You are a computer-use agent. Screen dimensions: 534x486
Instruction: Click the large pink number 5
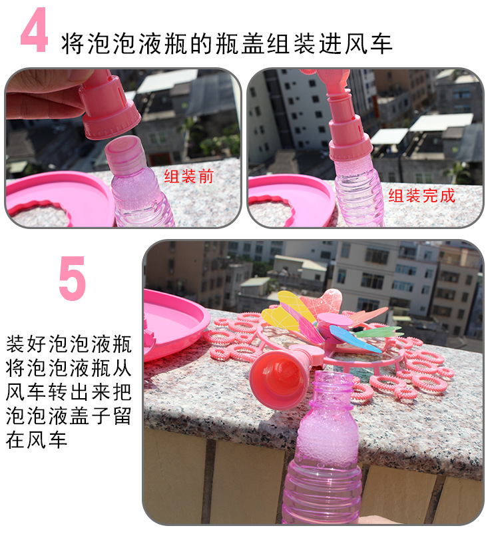point(72,278)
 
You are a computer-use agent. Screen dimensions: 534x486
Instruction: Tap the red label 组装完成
point(422,195)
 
